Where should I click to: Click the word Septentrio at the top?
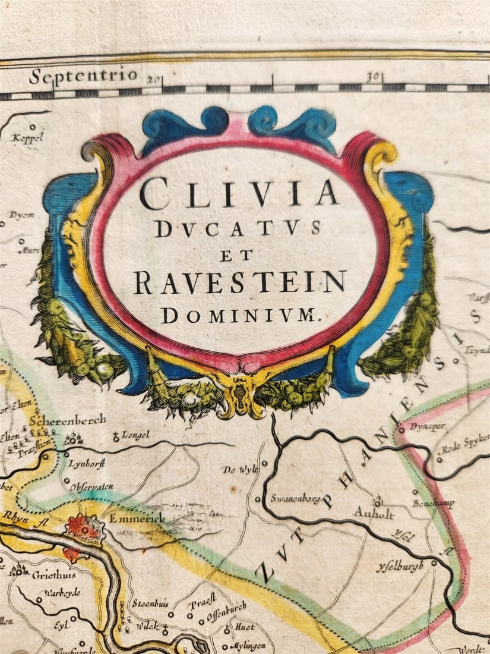tap(83, 76)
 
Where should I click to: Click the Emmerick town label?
tap(134, 518)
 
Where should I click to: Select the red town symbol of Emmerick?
tap(84, 527)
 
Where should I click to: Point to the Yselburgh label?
tap(400, 566)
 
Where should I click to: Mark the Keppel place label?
tap(28, 137)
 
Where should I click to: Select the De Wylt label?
tap(241, 470)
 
